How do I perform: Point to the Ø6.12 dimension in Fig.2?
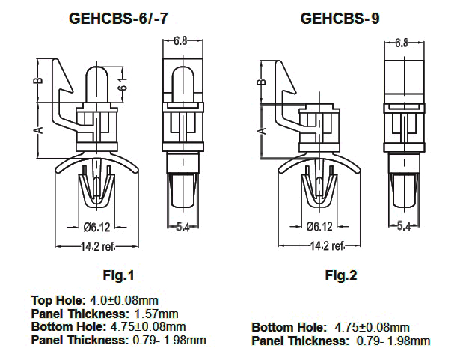click(320, 227)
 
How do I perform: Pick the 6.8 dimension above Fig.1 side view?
click(180, 41)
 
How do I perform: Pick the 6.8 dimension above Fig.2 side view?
click(401, 43)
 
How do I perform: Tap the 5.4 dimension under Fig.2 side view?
click(405, 225)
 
